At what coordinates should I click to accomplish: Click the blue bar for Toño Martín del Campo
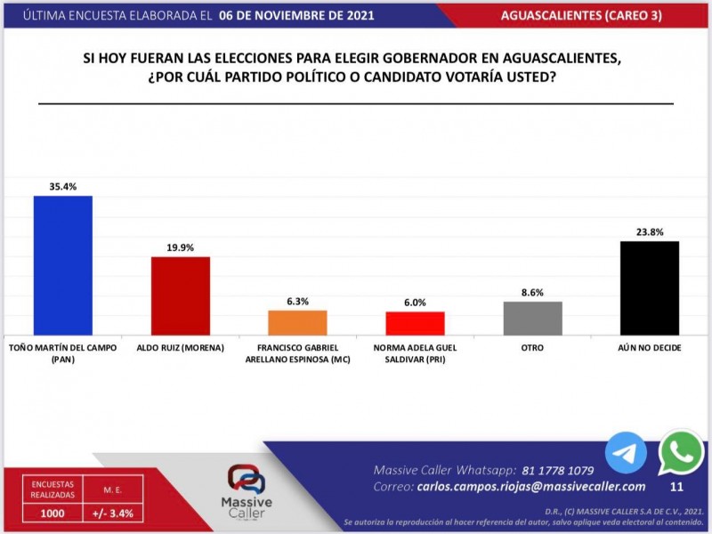tap(62, 265)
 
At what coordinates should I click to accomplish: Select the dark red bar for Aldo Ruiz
tap(180, 295)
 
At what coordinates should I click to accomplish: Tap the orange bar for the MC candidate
tap(297, 322)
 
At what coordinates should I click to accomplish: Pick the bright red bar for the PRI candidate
tap(415, 323)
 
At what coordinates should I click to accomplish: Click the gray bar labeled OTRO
tap(532, 318)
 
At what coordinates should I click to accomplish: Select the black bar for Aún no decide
tap(649, 287)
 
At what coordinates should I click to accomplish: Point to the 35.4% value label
tap(62, 187)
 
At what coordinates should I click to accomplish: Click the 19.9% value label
tap(180, 247)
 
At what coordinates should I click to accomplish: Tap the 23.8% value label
tap(649, 232)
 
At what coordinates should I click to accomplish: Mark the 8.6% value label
tap(532, 293)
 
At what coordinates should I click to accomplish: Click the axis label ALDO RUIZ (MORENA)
tap(180, 348)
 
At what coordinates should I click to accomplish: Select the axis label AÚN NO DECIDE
tap(649, 348)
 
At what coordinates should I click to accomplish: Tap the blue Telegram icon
tap(626, 453)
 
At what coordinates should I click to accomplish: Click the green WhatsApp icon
tap(681, 452)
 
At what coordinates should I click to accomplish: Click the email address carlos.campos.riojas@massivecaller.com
tap(530, 487)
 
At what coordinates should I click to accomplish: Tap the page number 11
tap(676, 487)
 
